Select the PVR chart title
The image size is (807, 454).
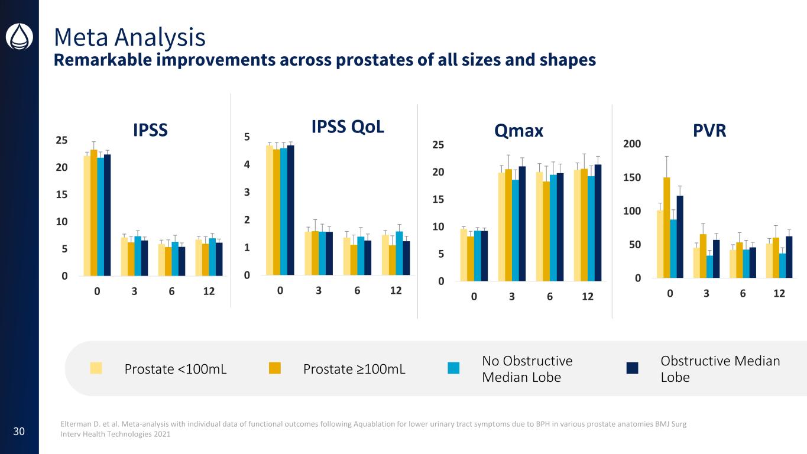pos(709,131)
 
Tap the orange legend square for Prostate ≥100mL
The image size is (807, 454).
pos(275,368)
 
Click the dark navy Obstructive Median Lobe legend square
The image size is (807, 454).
pos(633,368)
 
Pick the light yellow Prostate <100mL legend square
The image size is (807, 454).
pos(96,368)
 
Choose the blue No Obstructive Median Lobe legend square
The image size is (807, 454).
pos(453,368)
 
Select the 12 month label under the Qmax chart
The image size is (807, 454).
pos(586,297)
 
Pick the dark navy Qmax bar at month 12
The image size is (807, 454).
pos(598,223)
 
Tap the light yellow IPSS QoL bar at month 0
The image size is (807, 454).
pos(270,210)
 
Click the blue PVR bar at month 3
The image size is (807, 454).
pos(709,266)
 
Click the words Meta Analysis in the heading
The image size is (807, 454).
pos(129,37)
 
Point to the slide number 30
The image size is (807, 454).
pos(19,432)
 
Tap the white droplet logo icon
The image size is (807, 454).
pos(19,37)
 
